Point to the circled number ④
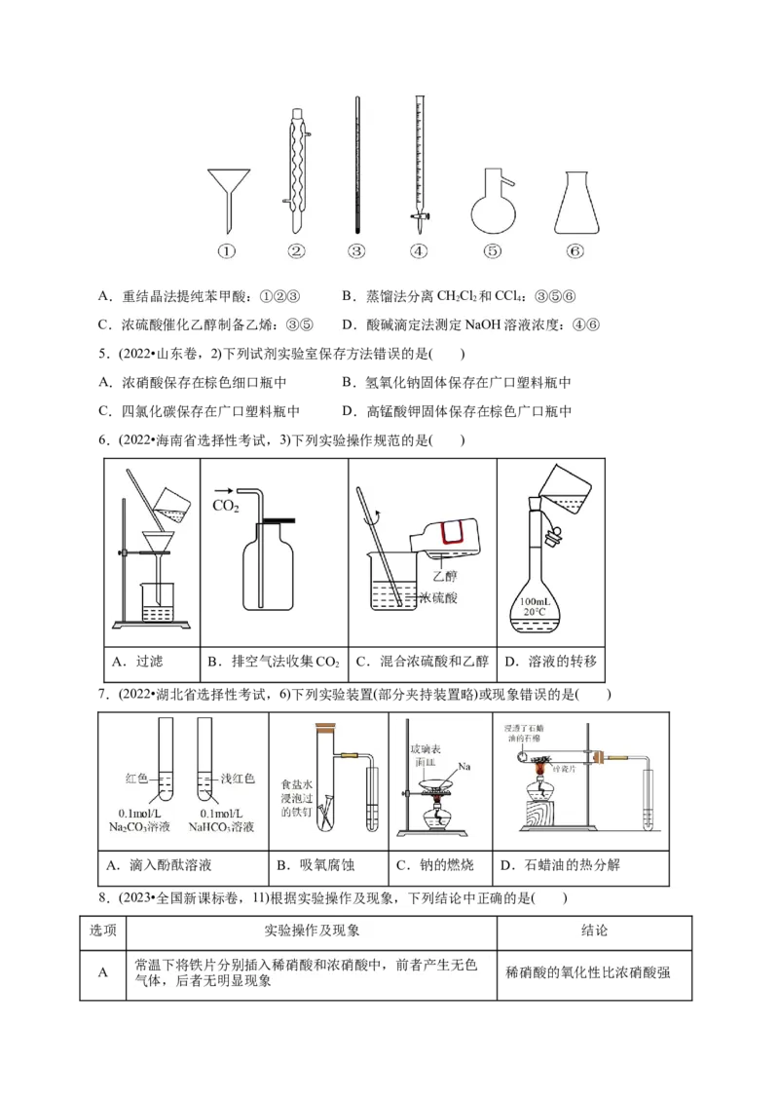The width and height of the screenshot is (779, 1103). click(419, 251)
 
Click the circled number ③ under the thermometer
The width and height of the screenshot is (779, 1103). click(356, 251)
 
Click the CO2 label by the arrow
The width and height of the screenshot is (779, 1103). click(226, 505)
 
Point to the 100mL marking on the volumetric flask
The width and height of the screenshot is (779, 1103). click(538, 602)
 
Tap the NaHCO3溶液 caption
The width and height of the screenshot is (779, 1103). click(220, 827)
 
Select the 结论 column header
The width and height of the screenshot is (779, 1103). click(594, 931)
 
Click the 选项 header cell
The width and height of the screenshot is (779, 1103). click(102, 931)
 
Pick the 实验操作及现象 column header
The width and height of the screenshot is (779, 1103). click(312, 931)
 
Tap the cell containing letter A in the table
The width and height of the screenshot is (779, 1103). click(102, 971)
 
